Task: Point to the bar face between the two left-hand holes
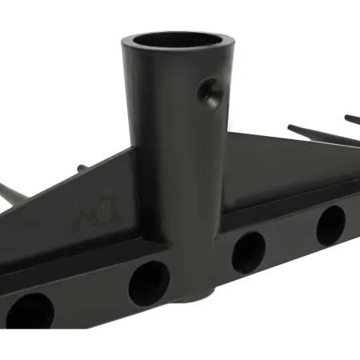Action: click(x=88, y=296)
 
